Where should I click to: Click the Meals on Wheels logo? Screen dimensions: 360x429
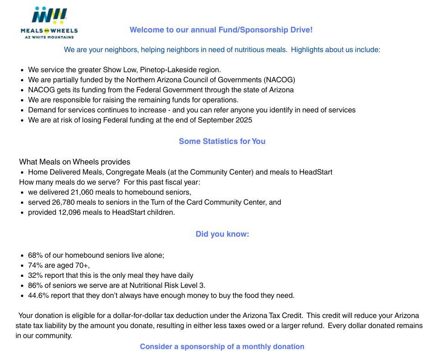tap(49, 22)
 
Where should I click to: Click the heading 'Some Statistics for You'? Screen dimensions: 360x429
tap(222, 141)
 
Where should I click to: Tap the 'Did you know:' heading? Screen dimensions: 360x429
tap(222, 234)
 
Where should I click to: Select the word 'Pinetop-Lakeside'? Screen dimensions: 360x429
tap(167, 70)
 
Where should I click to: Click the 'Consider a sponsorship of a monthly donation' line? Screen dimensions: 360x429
tap(222, 347)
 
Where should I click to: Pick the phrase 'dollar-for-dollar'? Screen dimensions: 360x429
tap(166, 316)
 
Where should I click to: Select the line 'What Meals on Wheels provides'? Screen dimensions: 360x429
tap(74, 162)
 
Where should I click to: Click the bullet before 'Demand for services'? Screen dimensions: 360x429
tap(22, 110)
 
